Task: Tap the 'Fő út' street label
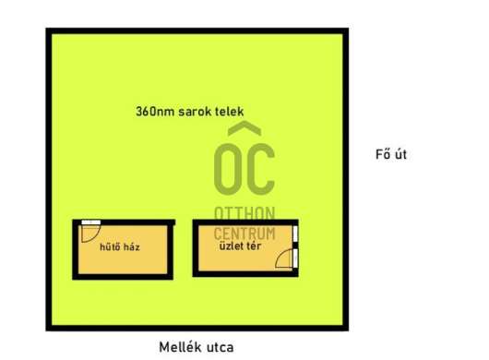[391, 154]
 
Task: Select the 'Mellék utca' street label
[197, 347]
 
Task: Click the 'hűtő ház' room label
[120, 247]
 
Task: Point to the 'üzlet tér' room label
[238, 247]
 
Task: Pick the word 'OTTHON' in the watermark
[244, 213]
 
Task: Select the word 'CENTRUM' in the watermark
[244, 229]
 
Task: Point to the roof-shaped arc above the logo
[244, 130]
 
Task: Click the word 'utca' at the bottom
[218, 347]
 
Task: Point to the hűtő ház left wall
[75, 249]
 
